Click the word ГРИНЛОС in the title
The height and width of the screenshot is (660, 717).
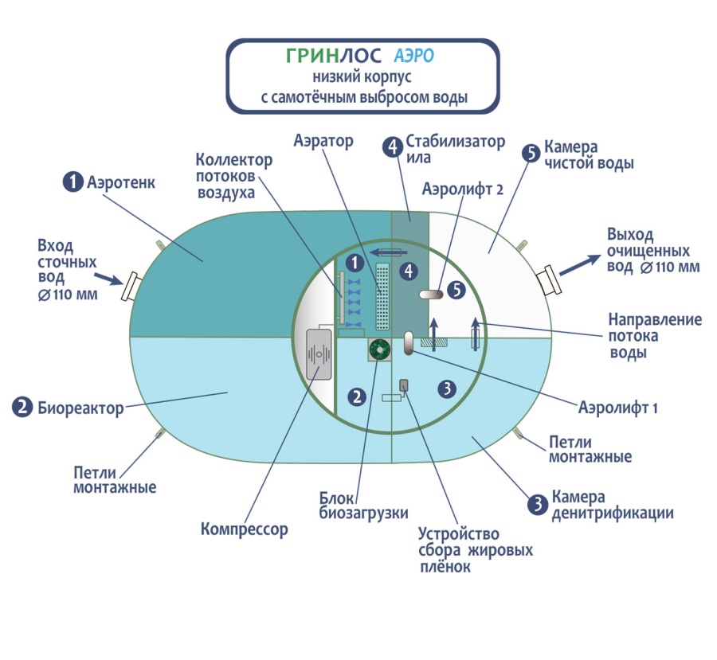pos(333,56)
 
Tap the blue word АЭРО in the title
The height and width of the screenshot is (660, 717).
pos(414,56)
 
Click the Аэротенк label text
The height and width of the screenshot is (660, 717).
pos(121,182)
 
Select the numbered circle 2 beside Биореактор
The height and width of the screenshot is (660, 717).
pos(22,408)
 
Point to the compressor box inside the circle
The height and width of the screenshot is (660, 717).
pos(319,354)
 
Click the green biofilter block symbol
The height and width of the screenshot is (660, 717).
pos(379,350)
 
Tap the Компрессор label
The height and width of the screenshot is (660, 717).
pos(245,529)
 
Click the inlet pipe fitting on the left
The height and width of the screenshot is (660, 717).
pos(131,286)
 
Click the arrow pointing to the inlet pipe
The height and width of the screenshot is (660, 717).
pos(108,277)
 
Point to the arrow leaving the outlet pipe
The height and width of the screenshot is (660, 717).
pos(579,264)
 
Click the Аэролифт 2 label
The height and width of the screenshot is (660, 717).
pos(463,189)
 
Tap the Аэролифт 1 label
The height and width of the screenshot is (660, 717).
pos(617,408)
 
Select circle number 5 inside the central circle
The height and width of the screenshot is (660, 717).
pos(456,290)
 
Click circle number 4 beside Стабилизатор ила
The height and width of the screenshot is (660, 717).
pos(393,147)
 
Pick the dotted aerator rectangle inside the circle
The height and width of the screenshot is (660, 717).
pos(382,296)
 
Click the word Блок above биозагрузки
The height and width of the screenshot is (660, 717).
pos(336,498)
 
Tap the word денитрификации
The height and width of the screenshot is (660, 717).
pos(613,514)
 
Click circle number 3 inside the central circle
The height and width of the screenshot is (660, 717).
pos(447,389)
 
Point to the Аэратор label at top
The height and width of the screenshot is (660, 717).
pos(323,141)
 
